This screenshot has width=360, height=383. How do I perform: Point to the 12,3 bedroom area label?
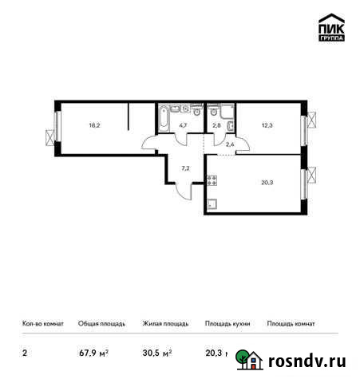tap(267, 125)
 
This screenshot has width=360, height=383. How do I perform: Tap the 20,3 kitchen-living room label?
tap(266, 180)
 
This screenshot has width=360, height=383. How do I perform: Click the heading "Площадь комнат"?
tap(291, 324)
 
